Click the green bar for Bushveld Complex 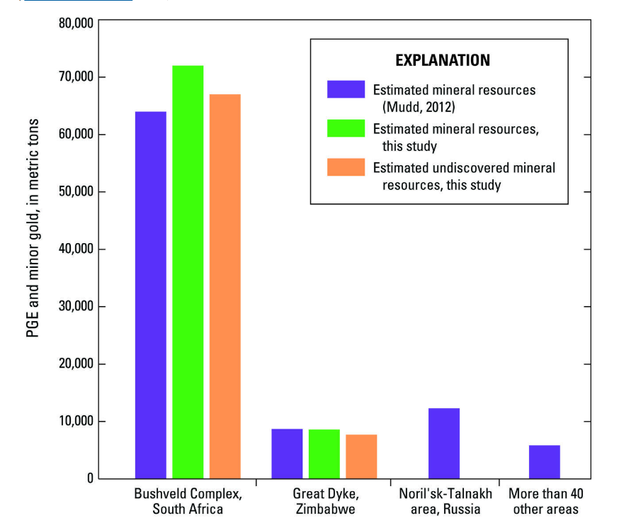click(x=188, y=272)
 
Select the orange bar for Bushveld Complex click(x=225, y=286)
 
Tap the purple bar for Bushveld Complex click(x=151, y=295)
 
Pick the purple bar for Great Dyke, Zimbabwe click(x=287, y=454)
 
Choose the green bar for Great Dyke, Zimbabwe click(x=324, y=454)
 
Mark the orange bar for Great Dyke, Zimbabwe click(x=360, y=456)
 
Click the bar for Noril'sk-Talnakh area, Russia click(x=444, y=443)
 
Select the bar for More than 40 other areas click(x=544, y=461)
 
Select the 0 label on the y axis click(x=89, y=478)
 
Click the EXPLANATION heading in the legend click(x=443, y=60)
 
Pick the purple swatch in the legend click(x=346, y=90)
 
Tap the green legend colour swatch click(x=346, y=128)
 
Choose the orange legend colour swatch click(x=346, y=167)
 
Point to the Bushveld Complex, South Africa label click(x=178, y=501)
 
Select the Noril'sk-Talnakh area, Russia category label click(x=444, y=501)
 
